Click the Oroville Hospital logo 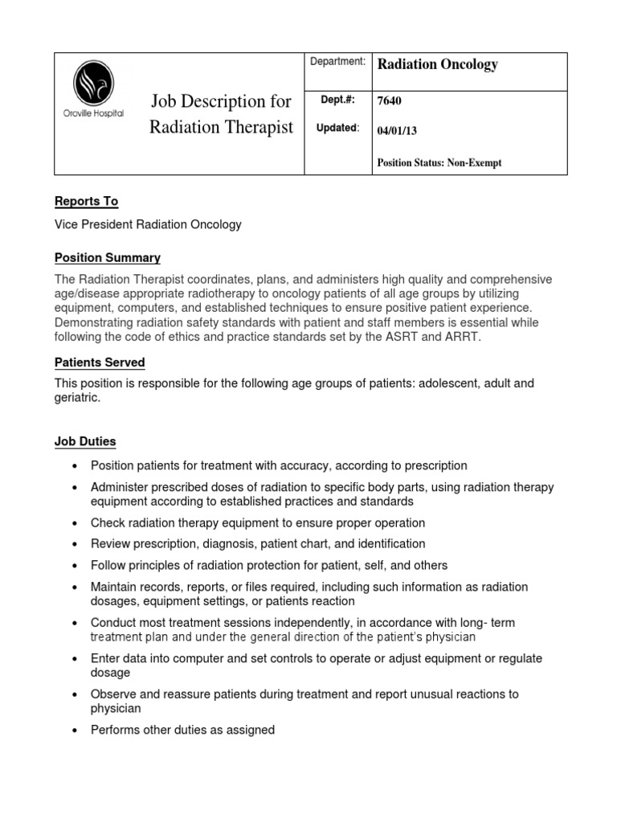pos(93,88)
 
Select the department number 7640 pos(390,101)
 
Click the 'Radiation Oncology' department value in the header pos(437,65)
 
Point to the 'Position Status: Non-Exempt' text pos(439,162)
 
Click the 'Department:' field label pos(337,61)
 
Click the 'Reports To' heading pos(86,201)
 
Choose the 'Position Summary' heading pos(107,258)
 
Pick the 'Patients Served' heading pos(100,362)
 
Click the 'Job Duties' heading pos(85,441)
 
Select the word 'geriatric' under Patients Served pos(76,398)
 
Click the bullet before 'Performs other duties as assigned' pos(75,731)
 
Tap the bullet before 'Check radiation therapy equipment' pos(75,523)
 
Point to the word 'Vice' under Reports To pos(67,224)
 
